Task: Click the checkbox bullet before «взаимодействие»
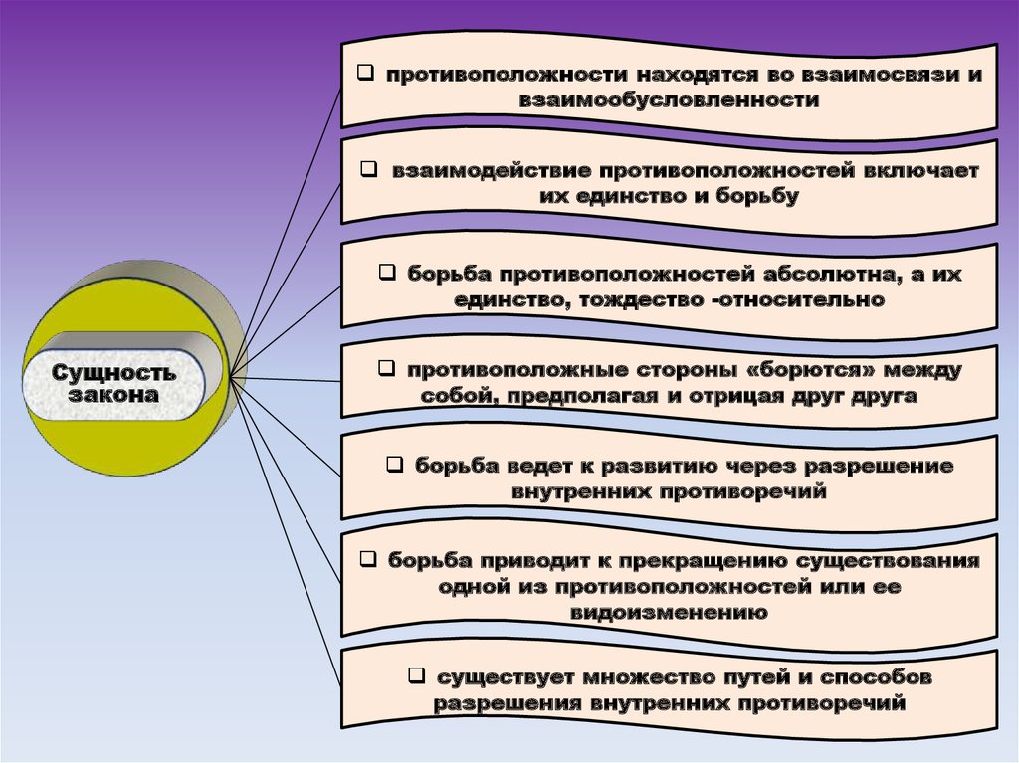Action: (x=368, y=170)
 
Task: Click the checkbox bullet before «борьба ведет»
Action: (x=394, y=464)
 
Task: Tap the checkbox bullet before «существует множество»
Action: (x=416, y=676)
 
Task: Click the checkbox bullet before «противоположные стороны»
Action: (x=386, y=369)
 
